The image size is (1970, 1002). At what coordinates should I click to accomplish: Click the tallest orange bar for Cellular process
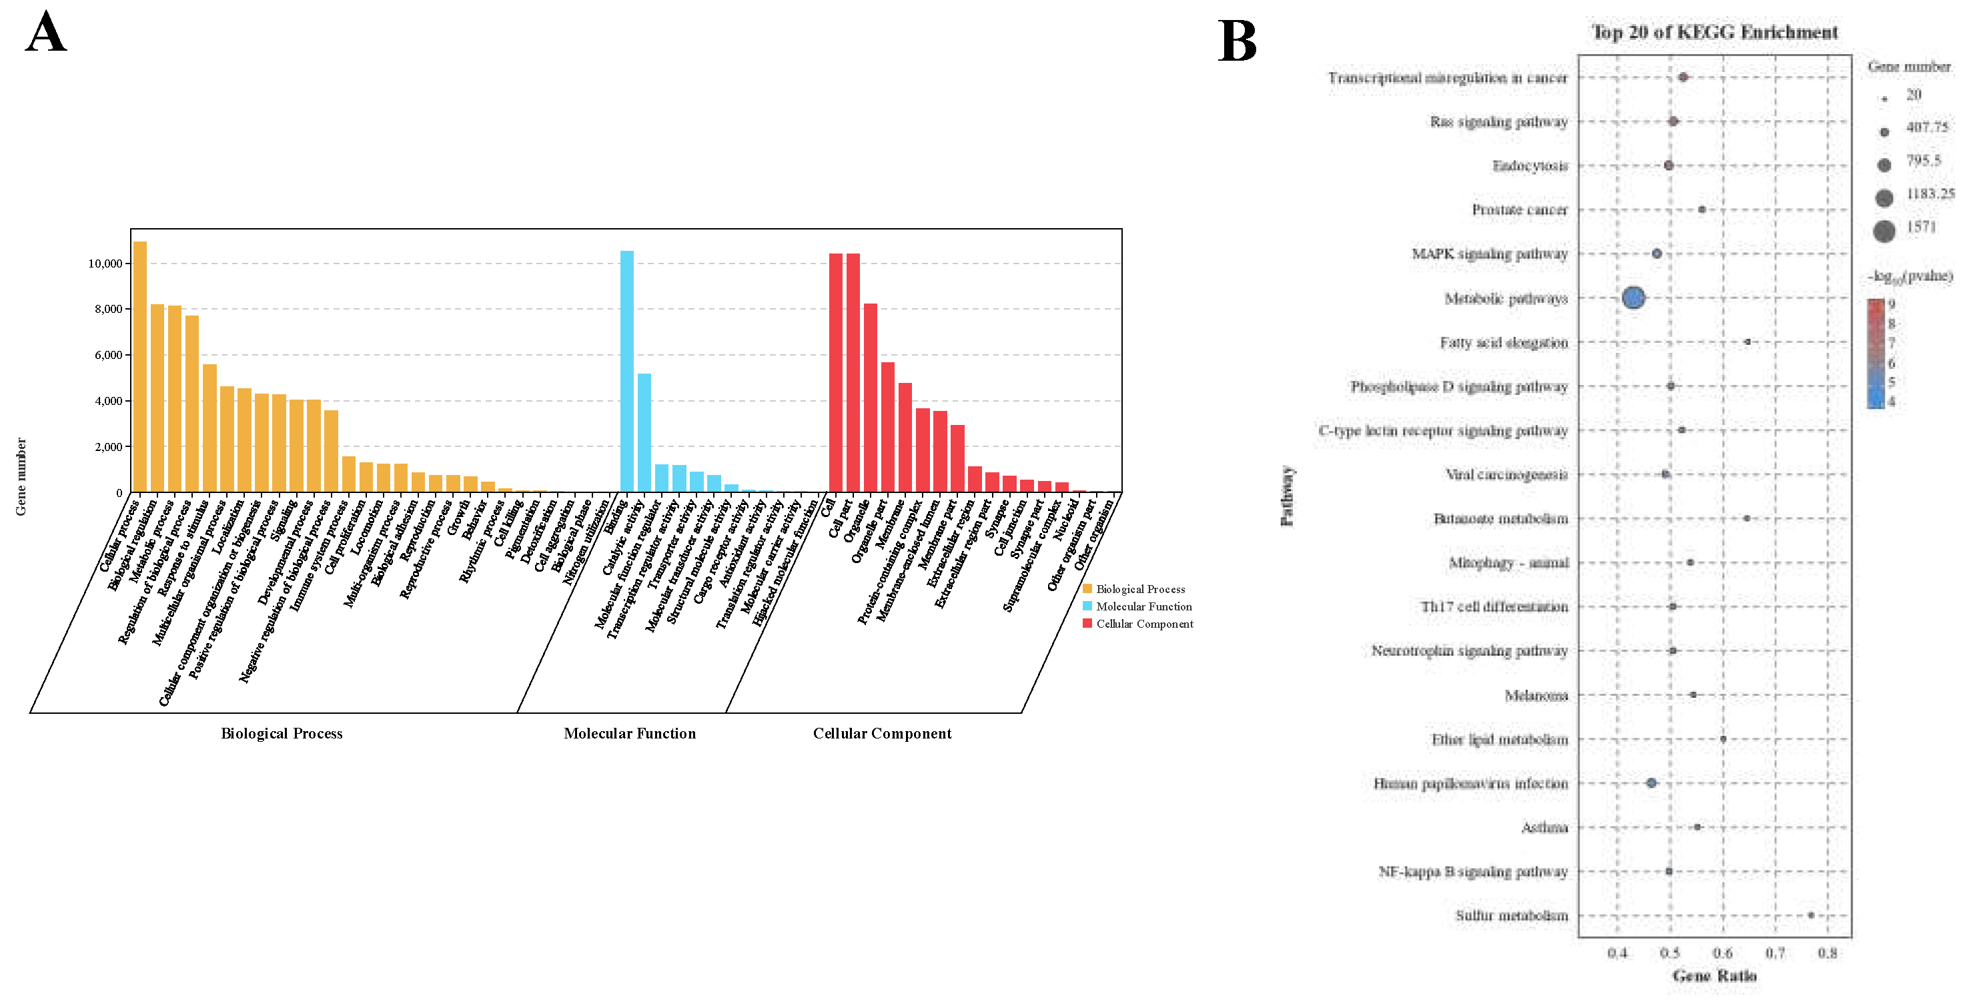[140, 367]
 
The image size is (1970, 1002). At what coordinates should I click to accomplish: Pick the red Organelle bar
[871, 398]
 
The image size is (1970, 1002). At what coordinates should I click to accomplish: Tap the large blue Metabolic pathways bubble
[1632, 298]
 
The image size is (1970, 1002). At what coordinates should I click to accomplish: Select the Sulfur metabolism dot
[1810, 915]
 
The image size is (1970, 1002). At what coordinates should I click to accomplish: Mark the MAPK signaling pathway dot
[1656, 254]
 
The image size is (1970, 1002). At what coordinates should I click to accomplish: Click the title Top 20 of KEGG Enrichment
[1714, 32]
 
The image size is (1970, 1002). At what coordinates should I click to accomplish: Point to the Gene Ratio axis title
[1714, 976]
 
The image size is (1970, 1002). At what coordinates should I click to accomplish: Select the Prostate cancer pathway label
[1519, 209]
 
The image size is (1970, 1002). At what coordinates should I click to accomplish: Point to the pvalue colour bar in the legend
[1875, 354]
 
